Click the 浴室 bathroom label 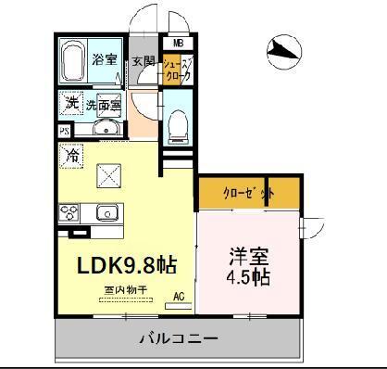[104, 61]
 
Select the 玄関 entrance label [143, 62]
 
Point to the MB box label [177, 41]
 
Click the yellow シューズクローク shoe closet [176, 72]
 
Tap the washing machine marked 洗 [71, 103]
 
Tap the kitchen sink [107, 214]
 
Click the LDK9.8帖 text [126, 263]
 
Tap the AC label [181, 298]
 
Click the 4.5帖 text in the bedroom [249, 277]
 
